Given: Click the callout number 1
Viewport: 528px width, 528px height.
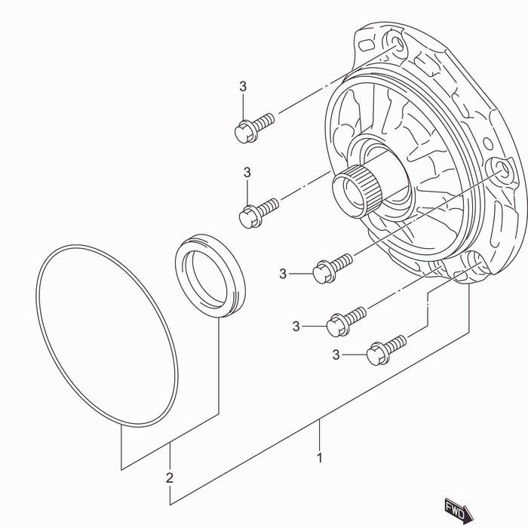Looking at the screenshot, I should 320,457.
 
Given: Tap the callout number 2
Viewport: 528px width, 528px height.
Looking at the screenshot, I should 170,477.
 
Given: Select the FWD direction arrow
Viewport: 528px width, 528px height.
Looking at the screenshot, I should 458,510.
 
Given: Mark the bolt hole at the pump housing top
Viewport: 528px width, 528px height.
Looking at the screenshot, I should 394,42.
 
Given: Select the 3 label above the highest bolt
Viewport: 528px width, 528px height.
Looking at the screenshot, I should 243,87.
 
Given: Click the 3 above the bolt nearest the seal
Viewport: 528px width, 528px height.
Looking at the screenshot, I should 247,173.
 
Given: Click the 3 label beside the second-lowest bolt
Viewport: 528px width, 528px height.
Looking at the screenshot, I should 296,326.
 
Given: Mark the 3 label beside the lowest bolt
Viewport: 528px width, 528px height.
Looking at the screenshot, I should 337,355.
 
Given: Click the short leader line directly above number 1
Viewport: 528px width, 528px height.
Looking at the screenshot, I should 320,434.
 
